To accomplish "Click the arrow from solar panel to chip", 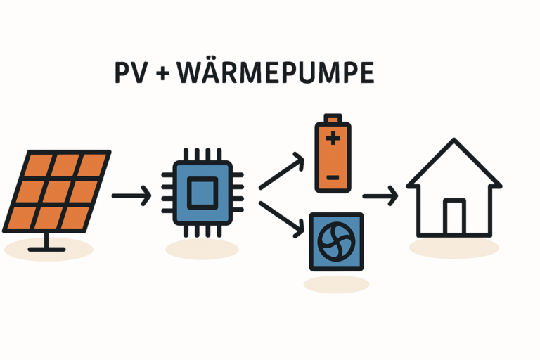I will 131,195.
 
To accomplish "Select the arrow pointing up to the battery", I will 281,173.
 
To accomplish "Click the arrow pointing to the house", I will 380,195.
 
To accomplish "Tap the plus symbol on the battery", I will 332,139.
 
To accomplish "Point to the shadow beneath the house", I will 454,247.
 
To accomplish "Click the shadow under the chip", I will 202,248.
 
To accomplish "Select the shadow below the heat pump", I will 336,283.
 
